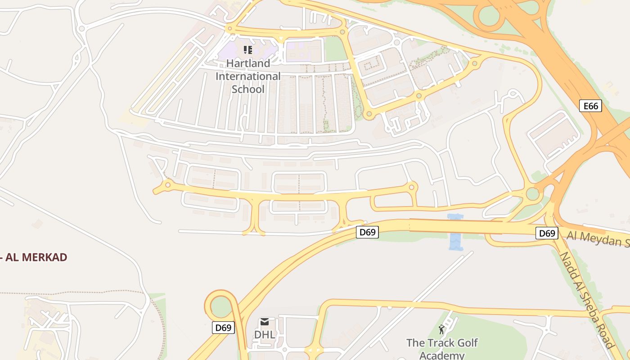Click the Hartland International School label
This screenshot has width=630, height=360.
[248, 76]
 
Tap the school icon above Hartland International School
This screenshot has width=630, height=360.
[248, 49]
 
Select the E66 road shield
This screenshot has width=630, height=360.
[590, 106]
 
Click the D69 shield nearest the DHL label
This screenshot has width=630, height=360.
[223, 328]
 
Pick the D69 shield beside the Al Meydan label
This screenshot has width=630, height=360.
[547, 233]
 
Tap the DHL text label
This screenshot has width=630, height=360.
[265, 335]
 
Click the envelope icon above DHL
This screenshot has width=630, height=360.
[265, 322]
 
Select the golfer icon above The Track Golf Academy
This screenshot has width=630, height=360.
[441, 329]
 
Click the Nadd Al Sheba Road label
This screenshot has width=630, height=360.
[587, 300]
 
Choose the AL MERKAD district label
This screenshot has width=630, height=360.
[34, 257]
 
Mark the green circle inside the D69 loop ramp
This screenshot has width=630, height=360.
[220, 306]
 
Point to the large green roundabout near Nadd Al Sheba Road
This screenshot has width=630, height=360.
[533, 194]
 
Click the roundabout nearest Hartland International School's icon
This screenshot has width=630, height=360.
[230, 29]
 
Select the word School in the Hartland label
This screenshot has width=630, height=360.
[248, 89]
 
